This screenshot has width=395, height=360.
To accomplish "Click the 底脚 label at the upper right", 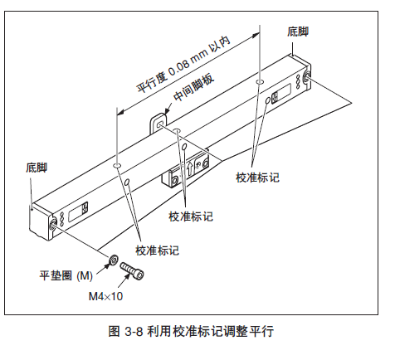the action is [x=298, y=32].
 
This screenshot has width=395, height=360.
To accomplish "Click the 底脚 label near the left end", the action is [x=37, y=168].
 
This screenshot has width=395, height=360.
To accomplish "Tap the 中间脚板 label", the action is [x=194, y=88].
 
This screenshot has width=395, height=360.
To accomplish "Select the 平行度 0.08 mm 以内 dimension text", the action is [x=184, y=65].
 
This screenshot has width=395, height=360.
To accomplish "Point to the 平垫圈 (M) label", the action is [x=66, y=275].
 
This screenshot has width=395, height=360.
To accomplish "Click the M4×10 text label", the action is [x=105, y=296].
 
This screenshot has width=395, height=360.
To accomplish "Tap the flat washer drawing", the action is [x=114, y=260].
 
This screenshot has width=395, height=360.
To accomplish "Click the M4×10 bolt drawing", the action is [x=132, y=271].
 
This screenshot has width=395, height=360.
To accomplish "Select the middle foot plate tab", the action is [x=158, y=124].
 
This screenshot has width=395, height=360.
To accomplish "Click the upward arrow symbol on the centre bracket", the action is [x=190, y=169].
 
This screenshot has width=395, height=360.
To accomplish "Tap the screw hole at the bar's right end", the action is [x=306, y=76].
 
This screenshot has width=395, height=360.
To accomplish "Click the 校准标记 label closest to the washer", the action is [x=157, y=251].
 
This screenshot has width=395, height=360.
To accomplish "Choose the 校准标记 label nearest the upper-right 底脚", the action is [x=257, y=178].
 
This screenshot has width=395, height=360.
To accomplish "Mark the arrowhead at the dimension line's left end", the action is [x=120, y=112].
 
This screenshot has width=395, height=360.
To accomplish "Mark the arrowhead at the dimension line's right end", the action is [x=256, y=34].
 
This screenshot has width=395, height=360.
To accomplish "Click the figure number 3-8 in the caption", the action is [x=134, y=331].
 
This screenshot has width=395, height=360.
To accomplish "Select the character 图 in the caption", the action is [x=114, y=331].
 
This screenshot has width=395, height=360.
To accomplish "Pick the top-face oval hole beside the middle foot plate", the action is [x=177, y=130].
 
